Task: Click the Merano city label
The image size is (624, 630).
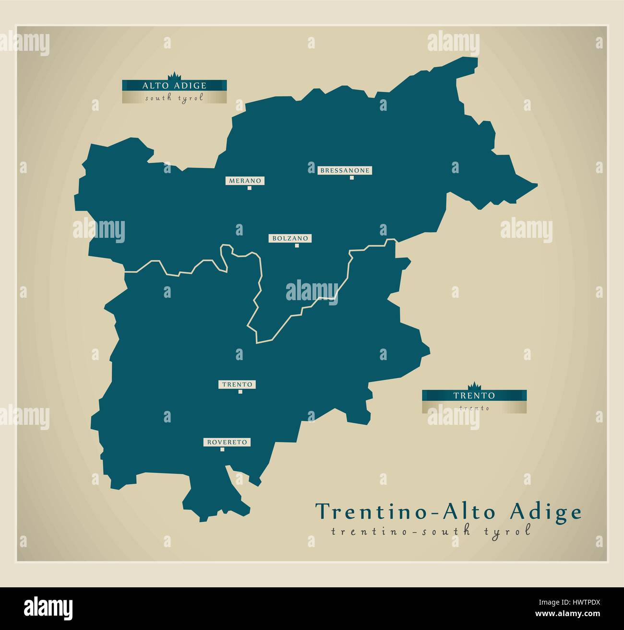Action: coord(245,181)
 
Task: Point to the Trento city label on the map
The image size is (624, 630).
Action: coord(237,385)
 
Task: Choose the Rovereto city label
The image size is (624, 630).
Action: coord(228,442)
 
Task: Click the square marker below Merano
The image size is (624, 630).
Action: coord(249,188)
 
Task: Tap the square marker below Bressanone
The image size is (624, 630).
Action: coord(351,177)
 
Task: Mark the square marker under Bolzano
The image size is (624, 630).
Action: coord(297,245)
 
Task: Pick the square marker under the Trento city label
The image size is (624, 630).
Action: coord(240,392)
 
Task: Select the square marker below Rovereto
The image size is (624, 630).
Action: coord(222,450)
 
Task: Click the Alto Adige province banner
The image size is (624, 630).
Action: coord(174,85)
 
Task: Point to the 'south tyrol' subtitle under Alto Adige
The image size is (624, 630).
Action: coord(174,98)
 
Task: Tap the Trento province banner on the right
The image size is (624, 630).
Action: coord(474,396)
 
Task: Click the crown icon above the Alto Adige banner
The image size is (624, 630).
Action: coord(173,76)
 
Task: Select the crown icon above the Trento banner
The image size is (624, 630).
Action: coord(474,386)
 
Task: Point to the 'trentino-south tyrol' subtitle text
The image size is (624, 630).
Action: coord(431,531)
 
